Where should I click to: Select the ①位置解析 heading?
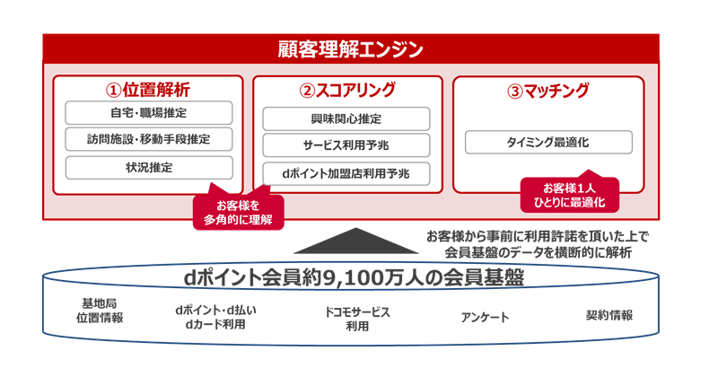click(x=148, y=90)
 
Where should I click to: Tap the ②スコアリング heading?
click(x=346, y=90)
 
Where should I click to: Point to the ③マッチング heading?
click(x=548, y=90)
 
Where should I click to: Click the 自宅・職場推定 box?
click(x=149, y=113)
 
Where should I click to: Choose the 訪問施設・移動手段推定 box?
click(x=149, y=139)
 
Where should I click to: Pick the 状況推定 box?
click(x=149, y=167)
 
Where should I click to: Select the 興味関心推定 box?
click(x=346, y=118)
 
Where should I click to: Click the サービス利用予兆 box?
click(x=346, y=145)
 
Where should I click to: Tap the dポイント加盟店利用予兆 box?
click(x=346, y=172)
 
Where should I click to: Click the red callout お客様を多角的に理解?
click(x=237, y=211)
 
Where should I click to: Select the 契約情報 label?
click(x=609, y=315)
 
